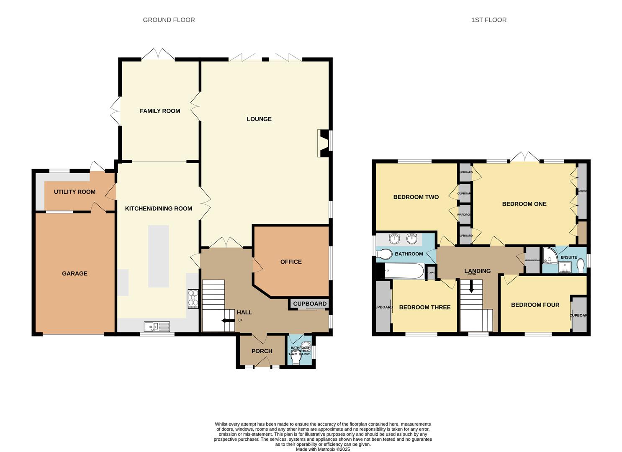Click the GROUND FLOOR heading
(x=169, y=20)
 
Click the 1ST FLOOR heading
(x=488, y=20)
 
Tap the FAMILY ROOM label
(x=160, y=111)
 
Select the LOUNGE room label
(x=259, y=119)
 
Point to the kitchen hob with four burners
(x=193, y=299)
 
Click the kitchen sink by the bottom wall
(x=157, y=326)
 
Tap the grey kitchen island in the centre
(x=158, y=256)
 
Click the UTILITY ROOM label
(x=75, y=192)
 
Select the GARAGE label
(x=75, y=273)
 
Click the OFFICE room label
(x=291, y=262)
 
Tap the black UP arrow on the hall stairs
(x=229, y=321)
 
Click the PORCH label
(x=262, y=351)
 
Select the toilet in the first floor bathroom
(x=383, y=254)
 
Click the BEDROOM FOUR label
(x=535, y=305)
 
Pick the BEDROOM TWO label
(x=416, y=197)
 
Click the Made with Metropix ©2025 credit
(x=322, y=449)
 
